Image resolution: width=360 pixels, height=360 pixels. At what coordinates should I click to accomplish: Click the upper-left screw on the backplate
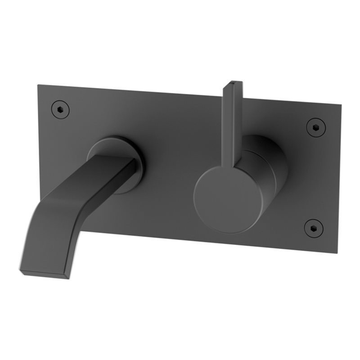60,108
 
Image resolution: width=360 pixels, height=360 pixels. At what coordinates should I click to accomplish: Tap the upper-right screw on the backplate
315,127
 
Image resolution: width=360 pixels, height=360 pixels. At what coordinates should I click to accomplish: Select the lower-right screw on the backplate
313,228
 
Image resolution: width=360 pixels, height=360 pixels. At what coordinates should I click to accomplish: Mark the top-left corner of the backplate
38,85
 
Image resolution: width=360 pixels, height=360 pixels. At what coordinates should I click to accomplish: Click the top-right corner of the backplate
341,105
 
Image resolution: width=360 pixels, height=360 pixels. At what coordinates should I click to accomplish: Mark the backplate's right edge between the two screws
338,178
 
